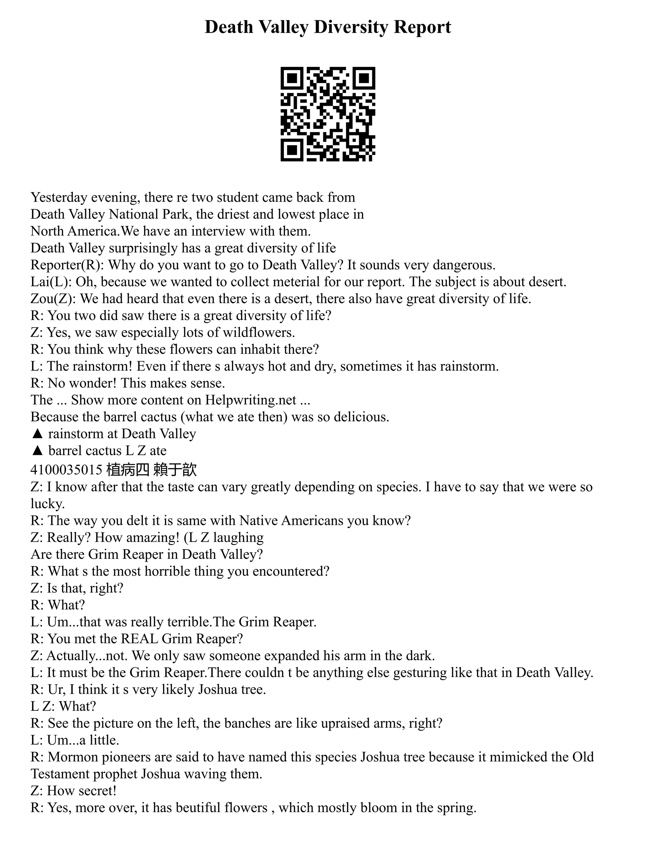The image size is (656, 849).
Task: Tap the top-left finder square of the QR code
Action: point(292,78)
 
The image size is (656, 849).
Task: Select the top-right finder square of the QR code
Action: point(364,78)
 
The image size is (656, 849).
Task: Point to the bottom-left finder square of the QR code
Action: point(292,150)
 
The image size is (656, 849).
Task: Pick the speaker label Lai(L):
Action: point(51,282)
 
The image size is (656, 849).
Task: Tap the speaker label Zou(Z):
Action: point(53,299)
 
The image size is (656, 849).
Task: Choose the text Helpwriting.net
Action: point(251,400)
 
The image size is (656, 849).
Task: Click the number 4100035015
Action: point(66,470)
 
